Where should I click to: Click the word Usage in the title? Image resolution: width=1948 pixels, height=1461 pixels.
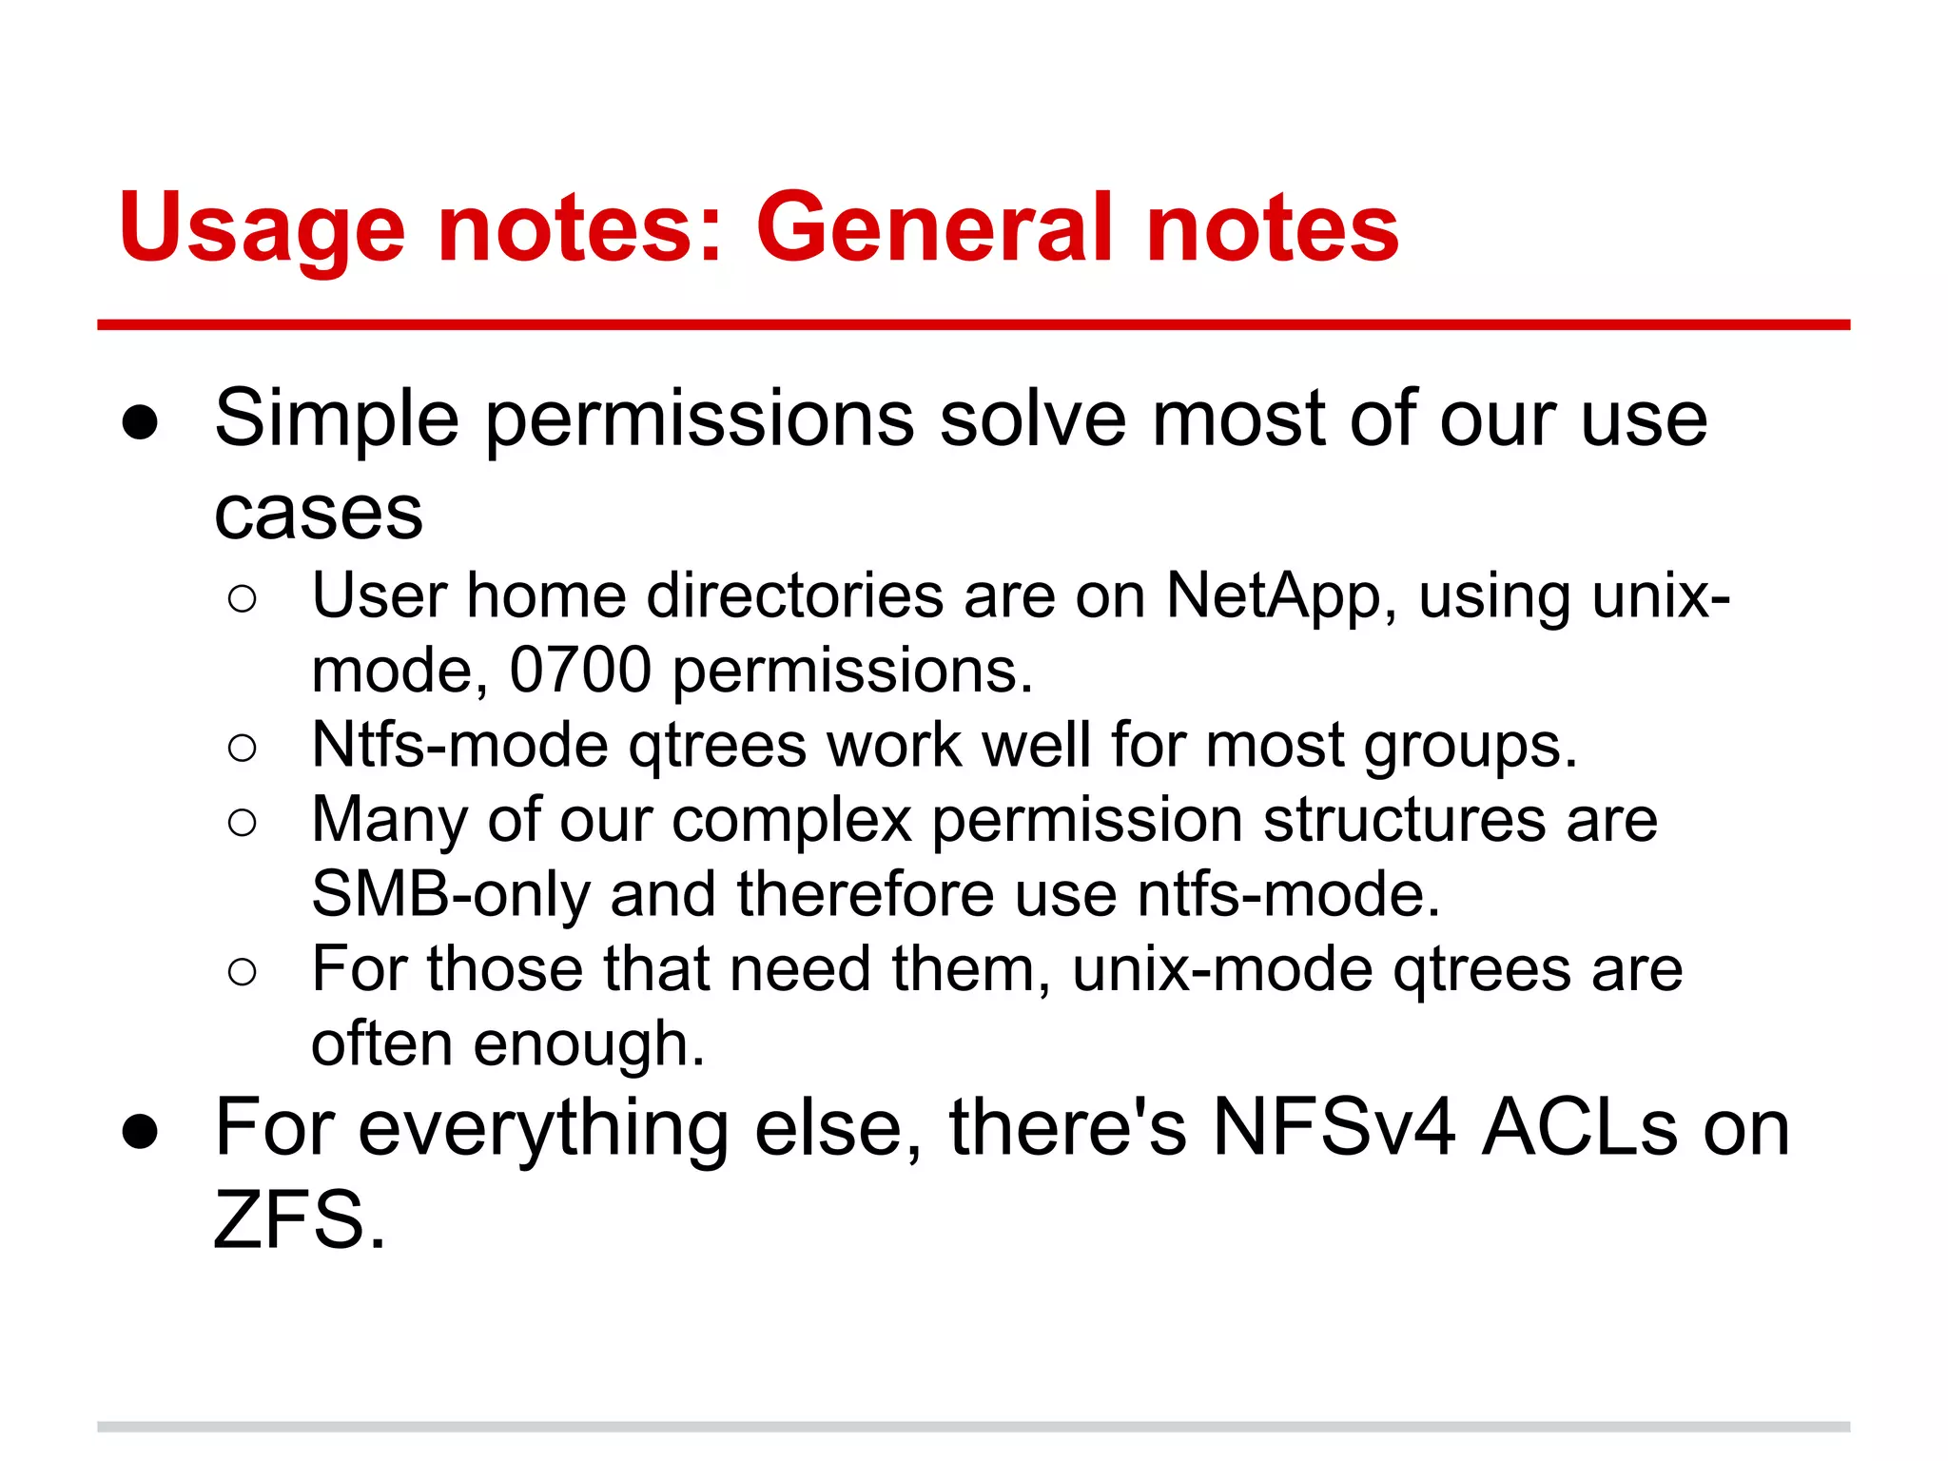(x=263, y=228)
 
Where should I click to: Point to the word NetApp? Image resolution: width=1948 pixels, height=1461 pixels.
(x=1273, y=596)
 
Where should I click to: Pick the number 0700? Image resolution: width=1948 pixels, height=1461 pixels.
(x=580, y=670)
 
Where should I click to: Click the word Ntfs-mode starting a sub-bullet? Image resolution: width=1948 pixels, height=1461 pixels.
(x=459, y=745)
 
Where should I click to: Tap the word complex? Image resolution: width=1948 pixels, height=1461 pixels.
(x=791, y=820)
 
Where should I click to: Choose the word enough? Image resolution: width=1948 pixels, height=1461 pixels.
(x=589, y=1045)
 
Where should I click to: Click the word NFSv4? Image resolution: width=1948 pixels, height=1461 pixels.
(x=1334, y=1128)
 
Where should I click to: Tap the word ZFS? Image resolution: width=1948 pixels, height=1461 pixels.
(x=299, y=1220)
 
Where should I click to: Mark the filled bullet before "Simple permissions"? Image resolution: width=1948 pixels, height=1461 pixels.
(x=140, y=424)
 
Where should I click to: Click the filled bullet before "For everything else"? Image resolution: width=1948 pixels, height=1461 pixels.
(x=140, y=1132)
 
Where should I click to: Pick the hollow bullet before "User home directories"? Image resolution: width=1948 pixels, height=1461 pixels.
(x=243, y=599)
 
